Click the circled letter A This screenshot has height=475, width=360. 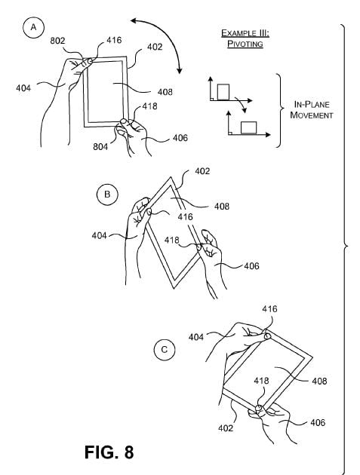click(x=33, y=28)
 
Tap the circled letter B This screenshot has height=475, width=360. click(x=107, y=195)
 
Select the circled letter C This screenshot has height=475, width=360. click(x=164, y=350)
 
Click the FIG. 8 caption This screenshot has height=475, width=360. click(x=109, y=452)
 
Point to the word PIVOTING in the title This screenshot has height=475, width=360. click(x=245, y=44)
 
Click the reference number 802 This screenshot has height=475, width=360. click(x=57, y=40)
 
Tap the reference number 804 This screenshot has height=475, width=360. click(x=100, y=146)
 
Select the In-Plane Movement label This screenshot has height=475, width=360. click(x=312, y=109)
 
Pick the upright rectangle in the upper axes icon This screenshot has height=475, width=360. click(x=223, y=91)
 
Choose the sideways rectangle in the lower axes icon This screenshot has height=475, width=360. click(x=249, y=127)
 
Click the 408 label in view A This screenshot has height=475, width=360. click(x=165, y=92)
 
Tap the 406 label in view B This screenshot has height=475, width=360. click(x=252, y=266)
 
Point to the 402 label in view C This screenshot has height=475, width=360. click(x=226, y=428)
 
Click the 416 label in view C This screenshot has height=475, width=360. click(x=269, y=309)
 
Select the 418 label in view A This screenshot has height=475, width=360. click(x=150, y=106)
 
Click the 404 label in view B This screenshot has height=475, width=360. click(x=99, y=235)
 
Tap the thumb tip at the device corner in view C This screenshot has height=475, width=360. click(x=267, y=336)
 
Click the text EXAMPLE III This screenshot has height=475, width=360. click(x=245, y=33)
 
